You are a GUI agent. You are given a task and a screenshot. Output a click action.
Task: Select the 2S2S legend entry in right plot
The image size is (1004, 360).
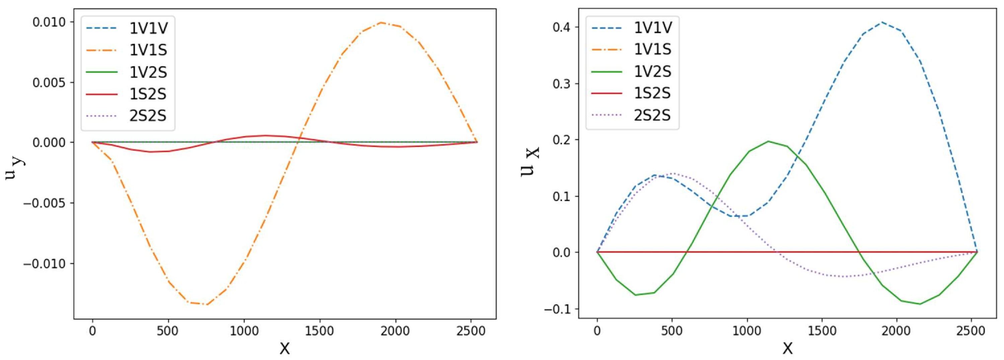point(652,115)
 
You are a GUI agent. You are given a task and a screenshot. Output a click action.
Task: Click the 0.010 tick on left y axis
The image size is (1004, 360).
point(49,22)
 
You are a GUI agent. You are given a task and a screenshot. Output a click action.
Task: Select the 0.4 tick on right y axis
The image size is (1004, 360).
point(561,27)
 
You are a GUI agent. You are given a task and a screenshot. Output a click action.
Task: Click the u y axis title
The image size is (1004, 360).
point(15,168)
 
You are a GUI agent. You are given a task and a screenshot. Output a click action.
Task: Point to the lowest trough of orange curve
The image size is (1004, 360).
point(207,304)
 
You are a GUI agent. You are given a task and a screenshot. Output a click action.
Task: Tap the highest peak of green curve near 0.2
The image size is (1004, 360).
point(768,142)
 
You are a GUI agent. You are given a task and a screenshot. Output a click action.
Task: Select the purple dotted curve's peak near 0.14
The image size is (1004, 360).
point(672,173)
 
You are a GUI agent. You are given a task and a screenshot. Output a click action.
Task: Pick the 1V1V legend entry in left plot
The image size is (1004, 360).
point(148,28)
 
